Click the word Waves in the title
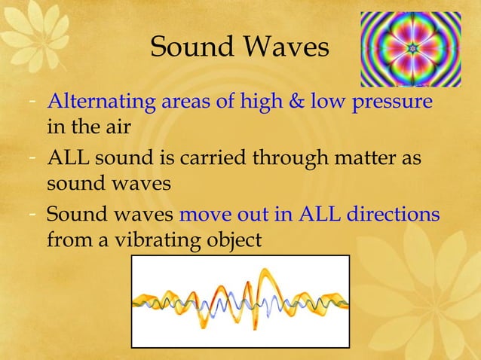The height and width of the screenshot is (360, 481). coord(286,47)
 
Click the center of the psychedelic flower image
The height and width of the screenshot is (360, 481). coord(410,49)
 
